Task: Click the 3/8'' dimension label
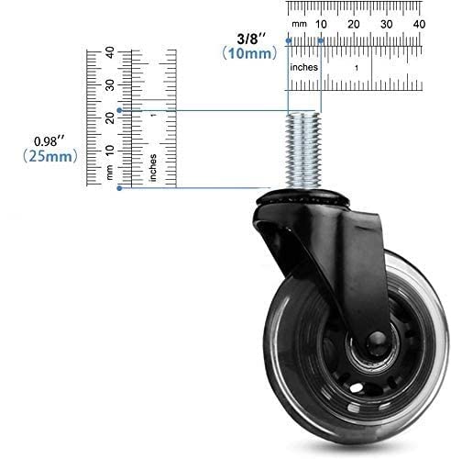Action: (x=252, y=39)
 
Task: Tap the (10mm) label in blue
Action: (x=249, y=53)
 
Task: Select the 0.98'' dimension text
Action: (x=49, y=141)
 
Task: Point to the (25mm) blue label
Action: (x=50, y=156)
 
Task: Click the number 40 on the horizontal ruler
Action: (x=419, y=24)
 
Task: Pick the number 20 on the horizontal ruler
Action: (x=353, y=24)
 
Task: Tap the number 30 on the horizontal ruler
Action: (x=386, y=24)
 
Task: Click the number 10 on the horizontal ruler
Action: (x=321, y=24)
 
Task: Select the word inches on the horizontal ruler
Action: (x=303, y=67)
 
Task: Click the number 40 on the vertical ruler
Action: (x=110, y=52)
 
